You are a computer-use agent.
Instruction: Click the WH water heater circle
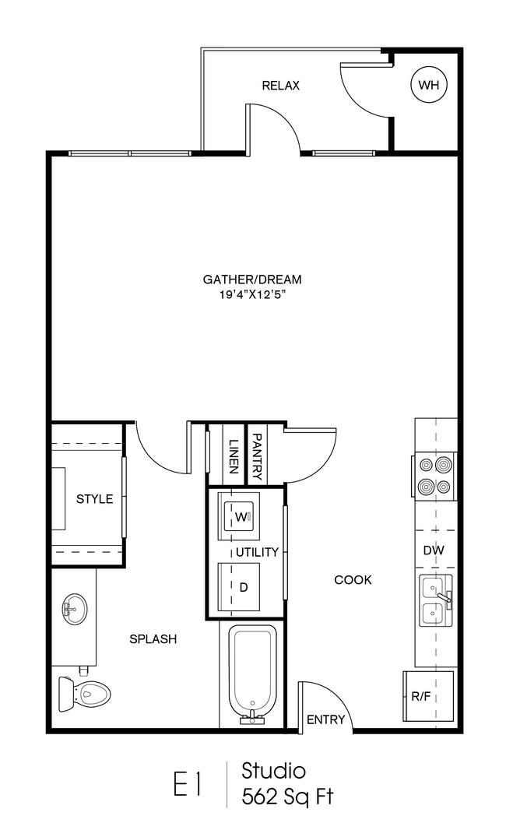pos(429,84)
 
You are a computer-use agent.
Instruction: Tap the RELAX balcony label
pos(281,86)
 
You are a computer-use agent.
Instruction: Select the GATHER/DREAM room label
pos(252,280)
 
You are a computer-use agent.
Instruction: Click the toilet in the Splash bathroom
pos(84,694)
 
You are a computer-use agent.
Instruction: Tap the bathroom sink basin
pos(75,609)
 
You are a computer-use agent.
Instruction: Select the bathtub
pos(252,673)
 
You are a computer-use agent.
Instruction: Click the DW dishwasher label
pos(434,550)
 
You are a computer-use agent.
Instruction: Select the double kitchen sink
pos(435,601)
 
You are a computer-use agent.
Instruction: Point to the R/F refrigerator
pos(427,696)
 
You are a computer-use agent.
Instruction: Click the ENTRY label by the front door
pos(325,720)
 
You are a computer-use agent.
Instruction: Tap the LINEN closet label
pos(233,456)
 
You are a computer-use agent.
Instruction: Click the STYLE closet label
pos(94,499)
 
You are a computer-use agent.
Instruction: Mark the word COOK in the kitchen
pos(353,580)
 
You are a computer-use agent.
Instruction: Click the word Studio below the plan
pos(273,771)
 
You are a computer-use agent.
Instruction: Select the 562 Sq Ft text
pos(287,797)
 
